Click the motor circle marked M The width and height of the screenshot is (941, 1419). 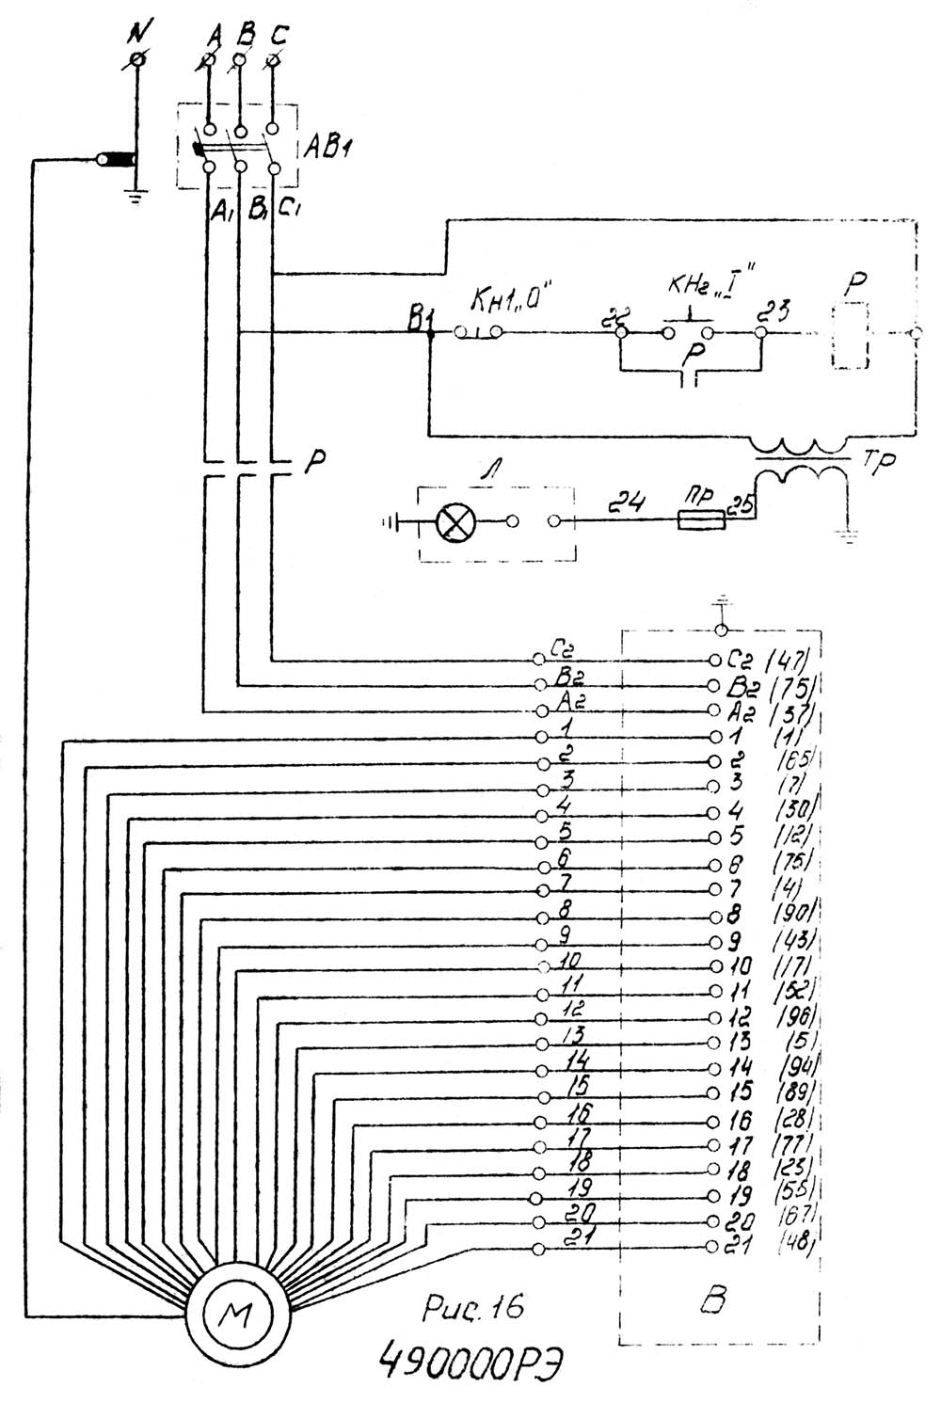tap(231, 1309)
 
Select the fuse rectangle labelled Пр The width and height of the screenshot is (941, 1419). tap(701, 519)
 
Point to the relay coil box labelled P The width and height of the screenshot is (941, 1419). tap(850, 336)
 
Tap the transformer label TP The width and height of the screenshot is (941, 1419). tap(877, 464)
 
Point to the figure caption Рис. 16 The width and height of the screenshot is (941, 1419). tap(472, 1307)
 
